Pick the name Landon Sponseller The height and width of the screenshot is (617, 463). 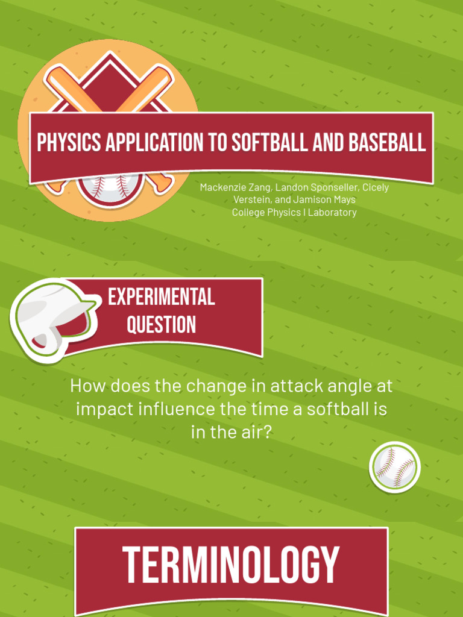(x=317, y=187)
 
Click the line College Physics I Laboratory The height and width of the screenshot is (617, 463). (x=294, y=212)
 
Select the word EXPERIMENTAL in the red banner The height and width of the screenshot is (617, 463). (x=161, y=297)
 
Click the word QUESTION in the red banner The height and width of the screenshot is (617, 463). (x=161, y=325)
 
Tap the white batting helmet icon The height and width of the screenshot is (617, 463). (x=53, y=319)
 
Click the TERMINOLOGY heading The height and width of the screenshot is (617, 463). (x=231, y=565)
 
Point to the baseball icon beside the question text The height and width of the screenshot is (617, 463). (x=394, y=467)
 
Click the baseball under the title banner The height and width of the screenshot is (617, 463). (x=110, y=188)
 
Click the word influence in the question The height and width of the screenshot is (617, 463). (x=177, y=410)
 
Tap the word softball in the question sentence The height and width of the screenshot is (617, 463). (x=338, y=410)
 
